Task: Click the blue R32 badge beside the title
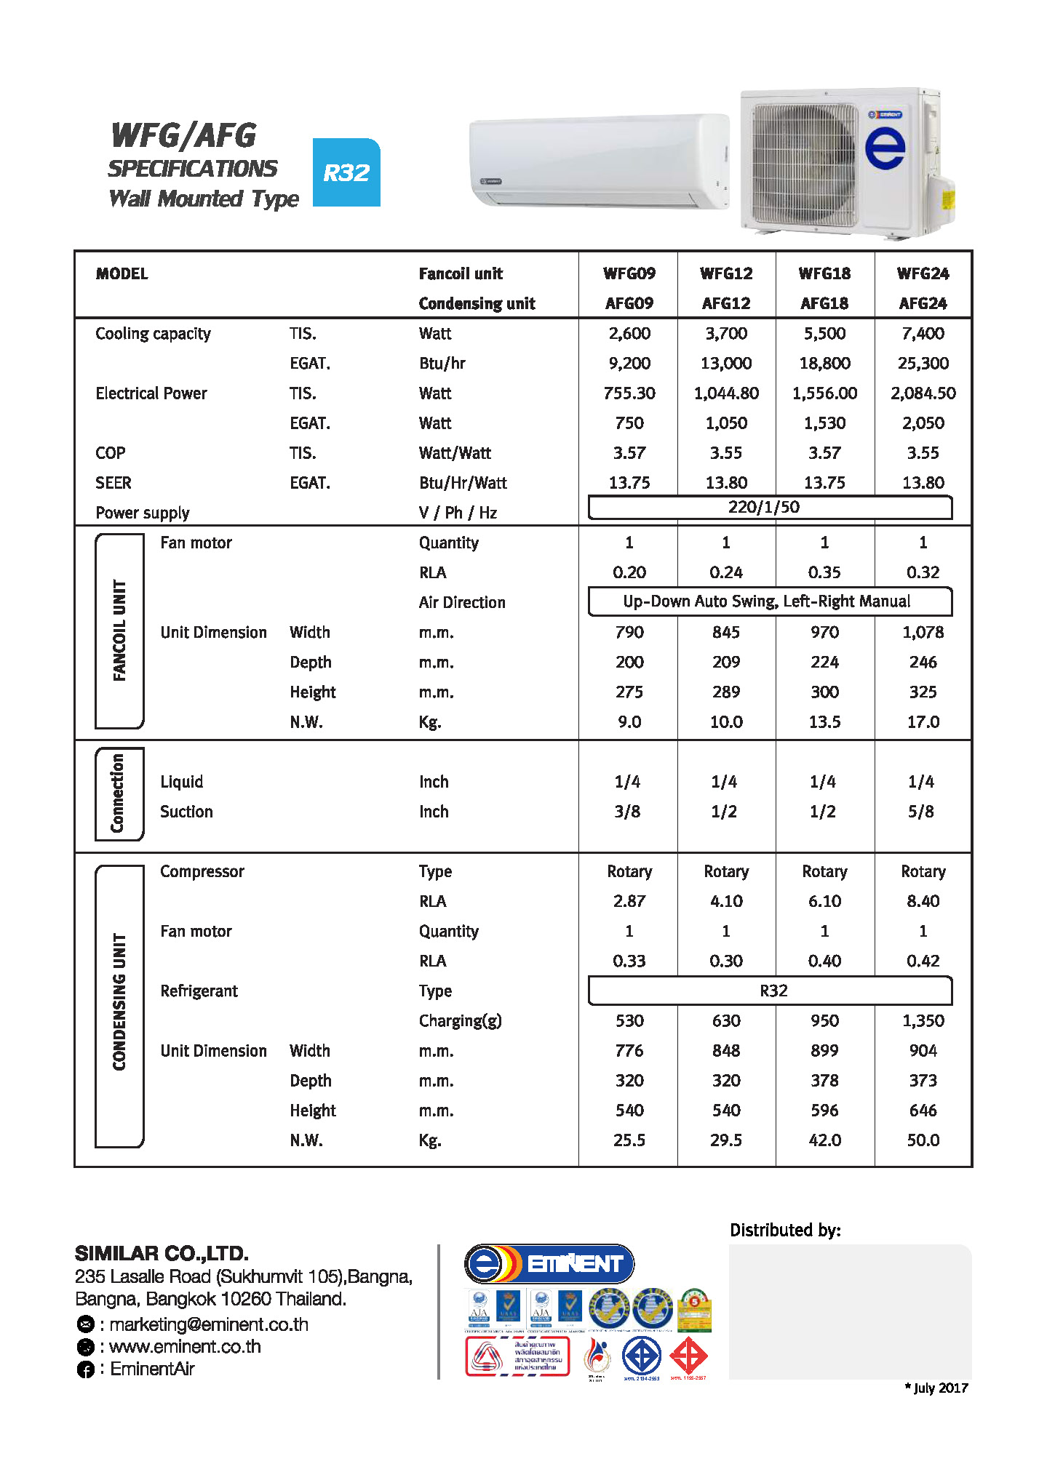click(346, 172)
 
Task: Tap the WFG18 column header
click(824, 273)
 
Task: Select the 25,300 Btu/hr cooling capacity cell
click(923, 363)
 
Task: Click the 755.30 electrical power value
click(629, 393)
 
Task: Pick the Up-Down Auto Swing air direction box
click(769, 601)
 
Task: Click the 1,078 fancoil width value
click(923, 632)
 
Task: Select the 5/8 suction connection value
click(920, 812)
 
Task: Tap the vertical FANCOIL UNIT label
click(119, 631)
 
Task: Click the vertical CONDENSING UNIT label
click(119, 1002)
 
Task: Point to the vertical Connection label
click(118, 793)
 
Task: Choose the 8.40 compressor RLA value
click(923, 901)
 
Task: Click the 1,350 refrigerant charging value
click(923, 1020)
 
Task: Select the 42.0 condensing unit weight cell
click(824, 1140)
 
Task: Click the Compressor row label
click(202, 871)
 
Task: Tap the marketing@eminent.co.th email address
click(209, 1324)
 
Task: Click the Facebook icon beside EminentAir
click(86, 1369)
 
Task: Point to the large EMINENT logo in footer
click(549, 1264)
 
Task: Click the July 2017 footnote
click(936, 1388)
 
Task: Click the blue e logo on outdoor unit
click(885, 148)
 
